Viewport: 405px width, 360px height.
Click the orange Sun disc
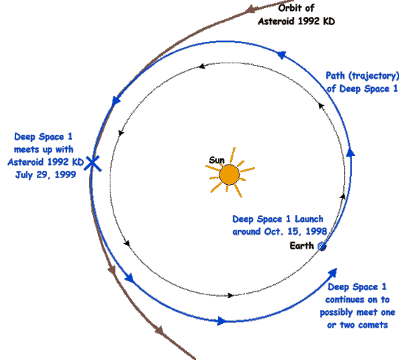coord(229,174)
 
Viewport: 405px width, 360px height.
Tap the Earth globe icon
coord(322,247)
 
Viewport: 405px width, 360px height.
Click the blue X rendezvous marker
coord(93,163)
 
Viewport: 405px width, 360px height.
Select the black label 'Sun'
coord(216,160)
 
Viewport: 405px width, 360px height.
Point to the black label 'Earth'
coord(302,246)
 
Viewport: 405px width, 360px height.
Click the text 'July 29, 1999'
coord(46,174)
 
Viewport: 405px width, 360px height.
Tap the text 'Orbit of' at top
coord(296,8)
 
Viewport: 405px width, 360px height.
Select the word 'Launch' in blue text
coord(309,219)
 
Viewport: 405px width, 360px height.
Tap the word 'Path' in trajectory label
coord(335,76)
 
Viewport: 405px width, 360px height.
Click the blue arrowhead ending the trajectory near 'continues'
coord(333,272)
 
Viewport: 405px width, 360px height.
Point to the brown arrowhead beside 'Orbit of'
coord(250,9)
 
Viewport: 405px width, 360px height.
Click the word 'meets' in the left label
coord(27,149)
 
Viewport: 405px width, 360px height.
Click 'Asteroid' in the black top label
coord(276,21)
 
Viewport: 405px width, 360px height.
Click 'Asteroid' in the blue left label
coord(26,162)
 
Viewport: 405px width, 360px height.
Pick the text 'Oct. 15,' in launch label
coord(283,231)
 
